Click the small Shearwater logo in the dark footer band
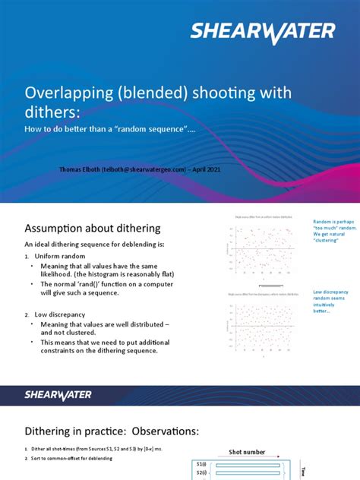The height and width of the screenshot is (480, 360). (58, 394)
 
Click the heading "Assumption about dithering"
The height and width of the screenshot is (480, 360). (93, 228)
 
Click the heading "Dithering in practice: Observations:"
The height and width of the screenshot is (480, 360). (112, 431)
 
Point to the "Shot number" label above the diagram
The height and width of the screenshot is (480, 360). (248, 452)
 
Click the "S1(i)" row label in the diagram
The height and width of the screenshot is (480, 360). (201, 463)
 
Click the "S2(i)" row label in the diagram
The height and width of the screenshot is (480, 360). (201, 473)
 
